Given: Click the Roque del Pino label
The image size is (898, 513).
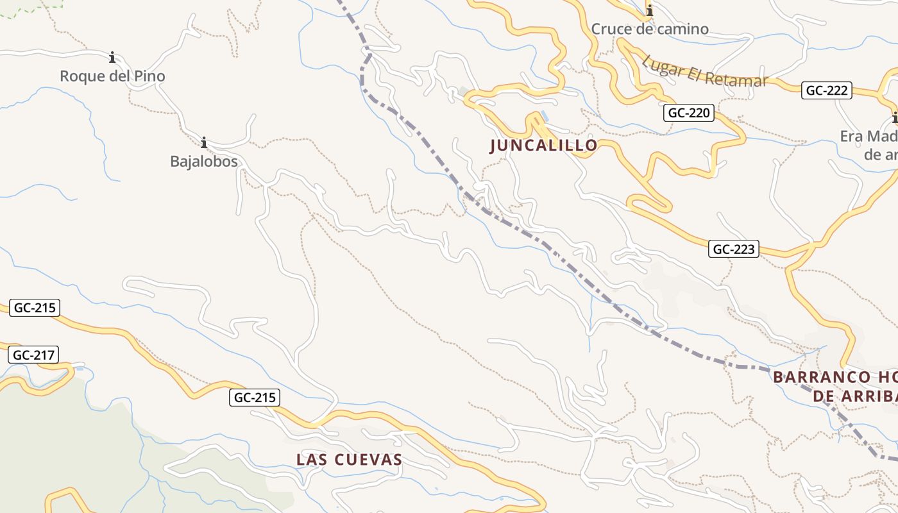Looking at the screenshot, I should (x=112, y=76).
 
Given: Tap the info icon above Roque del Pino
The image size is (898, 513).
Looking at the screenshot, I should (x=113, y=58).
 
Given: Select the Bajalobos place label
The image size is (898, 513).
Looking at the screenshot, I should (x=204, y=162).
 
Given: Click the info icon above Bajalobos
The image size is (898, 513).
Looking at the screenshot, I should (x=204, y=142).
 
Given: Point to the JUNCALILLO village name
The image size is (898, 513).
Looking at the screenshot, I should (x=544, y=146).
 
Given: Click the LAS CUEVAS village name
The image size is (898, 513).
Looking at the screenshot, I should (x=350, y=460).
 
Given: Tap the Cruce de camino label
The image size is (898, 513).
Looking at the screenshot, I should (x=650, y=29).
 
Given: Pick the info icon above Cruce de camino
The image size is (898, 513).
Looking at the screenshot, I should (x=650, y=11).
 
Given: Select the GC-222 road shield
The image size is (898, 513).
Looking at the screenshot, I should (x=827, y=90).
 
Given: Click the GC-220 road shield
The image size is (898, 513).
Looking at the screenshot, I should (x=689, y=114).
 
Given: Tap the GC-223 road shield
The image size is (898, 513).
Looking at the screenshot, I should (x=734, y=249).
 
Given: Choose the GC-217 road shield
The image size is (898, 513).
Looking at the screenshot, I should (x=33, y=355).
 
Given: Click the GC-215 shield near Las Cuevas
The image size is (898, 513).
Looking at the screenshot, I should (x=255, y=398).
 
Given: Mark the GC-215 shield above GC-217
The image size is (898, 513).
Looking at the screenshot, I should (x=35, y=308).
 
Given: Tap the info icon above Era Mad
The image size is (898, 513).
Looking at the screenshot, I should (x=895, y=117).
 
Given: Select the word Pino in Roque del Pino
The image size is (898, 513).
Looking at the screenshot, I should (x=149, y=76).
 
